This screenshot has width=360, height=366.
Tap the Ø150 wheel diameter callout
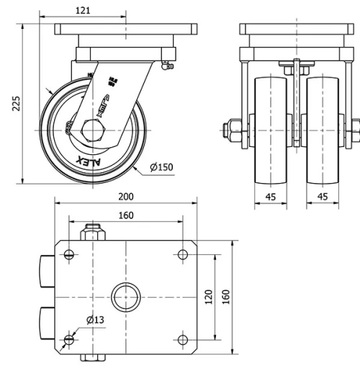163,167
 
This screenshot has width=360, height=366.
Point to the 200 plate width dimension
126,196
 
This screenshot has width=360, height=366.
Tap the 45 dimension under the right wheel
321,196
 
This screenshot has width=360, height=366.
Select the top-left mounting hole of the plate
68,254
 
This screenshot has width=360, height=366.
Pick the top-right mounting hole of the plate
181,254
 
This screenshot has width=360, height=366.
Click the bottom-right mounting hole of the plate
181,339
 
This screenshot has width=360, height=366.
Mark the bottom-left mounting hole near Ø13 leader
68,339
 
